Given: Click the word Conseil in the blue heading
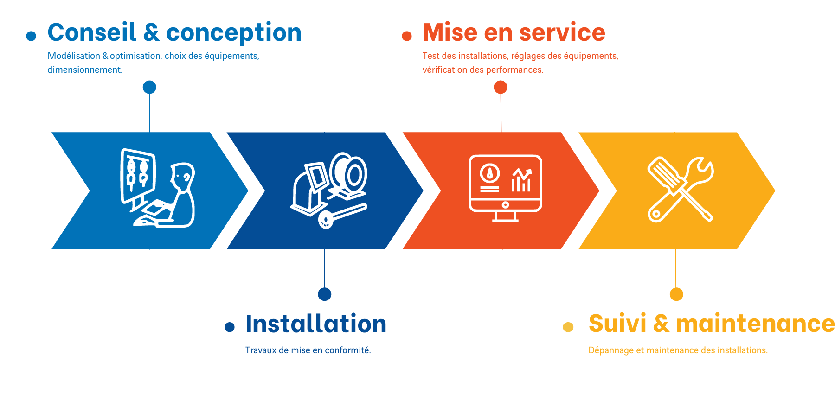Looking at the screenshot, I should tap(92, 33).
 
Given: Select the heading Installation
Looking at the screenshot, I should tap(316, 324).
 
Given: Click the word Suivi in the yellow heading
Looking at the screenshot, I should tap(617, 324).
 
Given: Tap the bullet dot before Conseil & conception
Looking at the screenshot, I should tap(31, 36).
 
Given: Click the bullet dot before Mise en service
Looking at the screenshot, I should tap(407, 36).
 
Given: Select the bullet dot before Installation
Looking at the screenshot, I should tap(230, 327).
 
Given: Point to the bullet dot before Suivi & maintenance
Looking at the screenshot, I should tap(568, 327).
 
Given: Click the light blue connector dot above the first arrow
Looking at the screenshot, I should tap(149, 87).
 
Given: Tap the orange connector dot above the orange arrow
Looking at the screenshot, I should tap(501, 87).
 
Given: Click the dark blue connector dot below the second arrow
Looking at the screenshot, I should tap(325, 294).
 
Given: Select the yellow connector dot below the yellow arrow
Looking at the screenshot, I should tap(676, 294).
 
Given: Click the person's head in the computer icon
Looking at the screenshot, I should tap(183, 175).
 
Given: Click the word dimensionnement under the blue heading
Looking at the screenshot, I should tap(84, 70).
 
